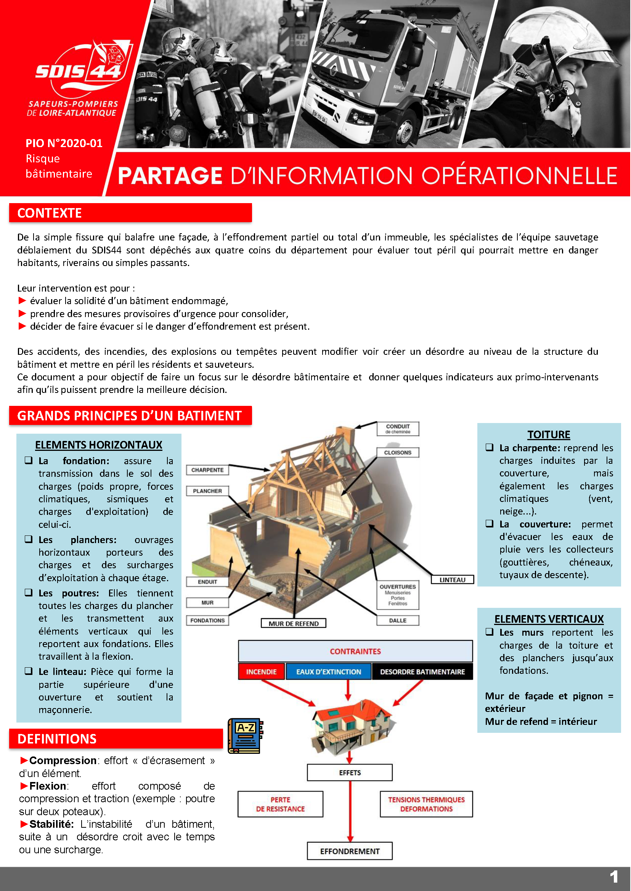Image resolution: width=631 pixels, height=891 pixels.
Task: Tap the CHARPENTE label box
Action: tap(207, 470)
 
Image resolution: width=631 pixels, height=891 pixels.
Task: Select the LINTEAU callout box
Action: tap(452, 580)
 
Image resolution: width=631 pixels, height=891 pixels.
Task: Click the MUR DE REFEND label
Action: tap(293, 623)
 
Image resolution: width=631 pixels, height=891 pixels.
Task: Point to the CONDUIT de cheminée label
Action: tap(398, 428)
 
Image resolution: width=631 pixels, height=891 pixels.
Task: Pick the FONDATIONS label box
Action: tap(207, 620)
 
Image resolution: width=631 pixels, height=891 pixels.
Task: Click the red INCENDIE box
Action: tap(261, 671)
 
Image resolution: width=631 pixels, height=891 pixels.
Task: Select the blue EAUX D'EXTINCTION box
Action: tap(328, 671)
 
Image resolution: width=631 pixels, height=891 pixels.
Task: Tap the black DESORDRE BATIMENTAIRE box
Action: tap(422, 671)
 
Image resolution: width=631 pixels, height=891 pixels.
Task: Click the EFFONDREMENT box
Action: tap(350, 851)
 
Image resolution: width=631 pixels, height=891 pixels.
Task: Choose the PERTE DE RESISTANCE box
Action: tap(280, 804)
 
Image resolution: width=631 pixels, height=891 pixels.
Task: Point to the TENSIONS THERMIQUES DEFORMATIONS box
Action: tap(426, 804)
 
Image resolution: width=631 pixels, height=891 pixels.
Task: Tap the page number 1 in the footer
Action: tap(614, 877)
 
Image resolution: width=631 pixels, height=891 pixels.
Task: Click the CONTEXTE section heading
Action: tap(49, 213)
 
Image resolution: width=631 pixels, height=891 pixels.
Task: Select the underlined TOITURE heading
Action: tap(549, 434)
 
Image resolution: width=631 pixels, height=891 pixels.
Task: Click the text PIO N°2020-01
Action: tap(64, 143)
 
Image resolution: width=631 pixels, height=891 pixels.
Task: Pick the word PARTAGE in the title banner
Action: tap(170, 176)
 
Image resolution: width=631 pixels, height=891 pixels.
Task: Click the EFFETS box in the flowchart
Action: tap(350, 772)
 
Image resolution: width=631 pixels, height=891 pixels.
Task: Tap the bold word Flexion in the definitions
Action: tap(48, 786)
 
